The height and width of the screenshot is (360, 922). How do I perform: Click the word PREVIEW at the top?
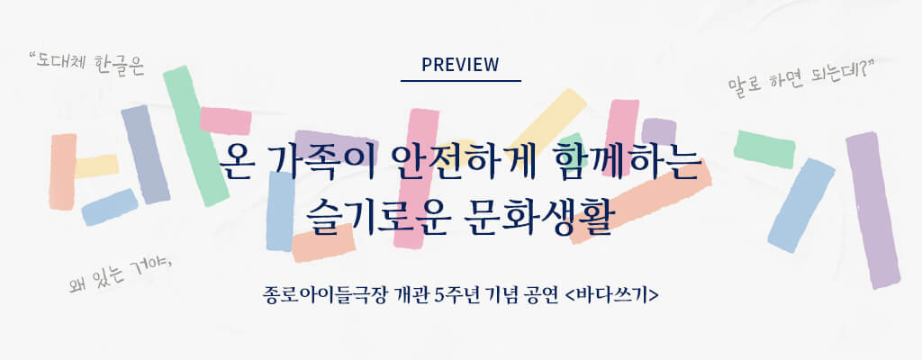click(x=460, y=65)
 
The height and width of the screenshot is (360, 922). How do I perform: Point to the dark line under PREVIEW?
click(x=461, y=81)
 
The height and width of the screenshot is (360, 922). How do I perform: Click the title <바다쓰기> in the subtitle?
click(x=611, y=294)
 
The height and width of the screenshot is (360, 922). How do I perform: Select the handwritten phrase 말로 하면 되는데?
click(x=800, y=79)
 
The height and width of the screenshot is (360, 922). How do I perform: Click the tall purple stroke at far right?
click(x=872, y=210)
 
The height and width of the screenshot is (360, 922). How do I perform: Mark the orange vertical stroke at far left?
click(x=62, y=171)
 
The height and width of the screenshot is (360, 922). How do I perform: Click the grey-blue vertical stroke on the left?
click(x=145, y=155)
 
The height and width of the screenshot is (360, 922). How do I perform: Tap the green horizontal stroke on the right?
click(x=764, y=148)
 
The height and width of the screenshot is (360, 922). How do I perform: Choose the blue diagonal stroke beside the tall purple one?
click(x=801, y=205)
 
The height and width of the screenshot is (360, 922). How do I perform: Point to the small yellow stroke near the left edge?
click(x=96, y=166)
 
